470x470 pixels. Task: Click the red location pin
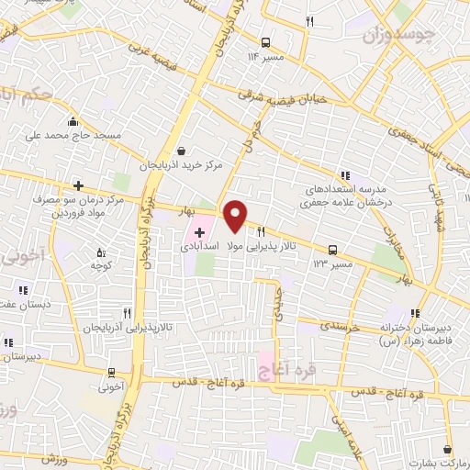[x=236, y=216]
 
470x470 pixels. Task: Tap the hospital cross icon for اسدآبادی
[x=199, y=232]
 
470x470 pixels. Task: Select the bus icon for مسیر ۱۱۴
[x=265, y=41]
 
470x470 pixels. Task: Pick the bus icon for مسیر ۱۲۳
[x=332, y=249]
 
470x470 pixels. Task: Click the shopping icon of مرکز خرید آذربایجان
[x=181, y=151]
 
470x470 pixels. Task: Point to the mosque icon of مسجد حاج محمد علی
[x=73, y=122]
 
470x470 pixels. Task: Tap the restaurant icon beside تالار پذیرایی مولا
[x=263, y=231]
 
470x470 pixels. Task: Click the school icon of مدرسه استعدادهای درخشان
[x=345, y=175]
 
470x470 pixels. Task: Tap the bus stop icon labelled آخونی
[x=112, y=372]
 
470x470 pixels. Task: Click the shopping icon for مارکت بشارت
[x=447, y=450]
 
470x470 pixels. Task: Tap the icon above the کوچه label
[x=101, y=252]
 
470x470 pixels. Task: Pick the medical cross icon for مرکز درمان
[x=79, y=185]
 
